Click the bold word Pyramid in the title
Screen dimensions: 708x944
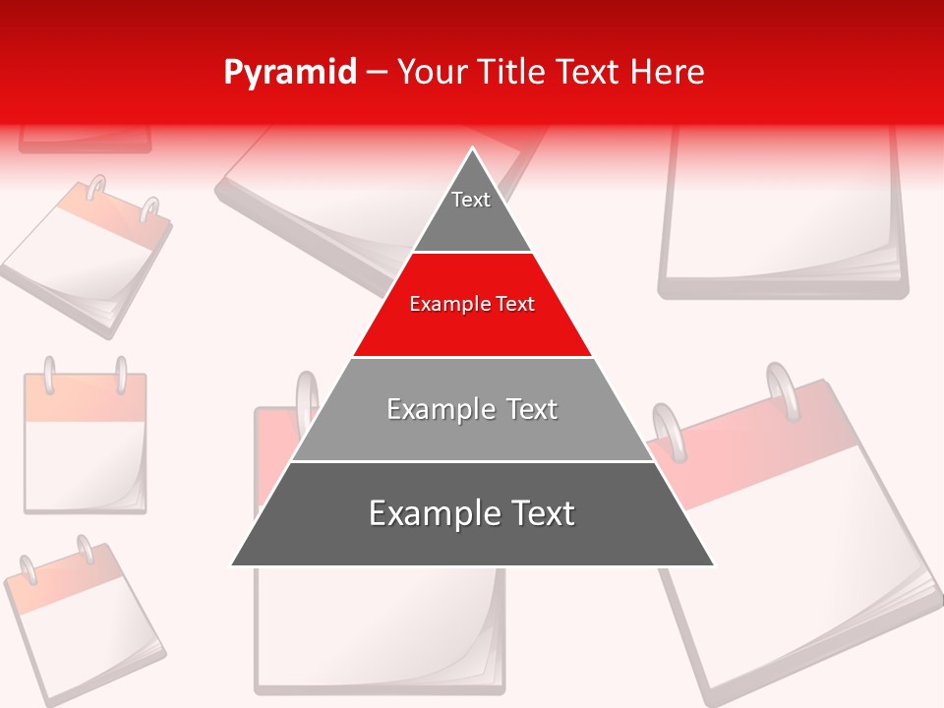point(290,72)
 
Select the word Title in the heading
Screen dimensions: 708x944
point(512,72)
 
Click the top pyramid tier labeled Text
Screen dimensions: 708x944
point(471,206)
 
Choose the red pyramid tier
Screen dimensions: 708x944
point(472,305)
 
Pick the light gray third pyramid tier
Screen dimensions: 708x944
point(472,409)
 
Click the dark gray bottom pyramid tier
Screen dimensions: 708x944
point(472,514)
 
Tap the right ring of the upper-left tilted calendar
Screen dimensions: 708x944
point(149,209)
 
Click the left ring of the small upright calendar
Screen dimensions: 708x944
point(49,374)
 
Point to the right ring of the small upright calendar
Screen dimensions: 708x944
point(122,374)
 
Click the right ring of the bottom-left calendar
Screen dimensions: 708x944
point(86,549)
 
